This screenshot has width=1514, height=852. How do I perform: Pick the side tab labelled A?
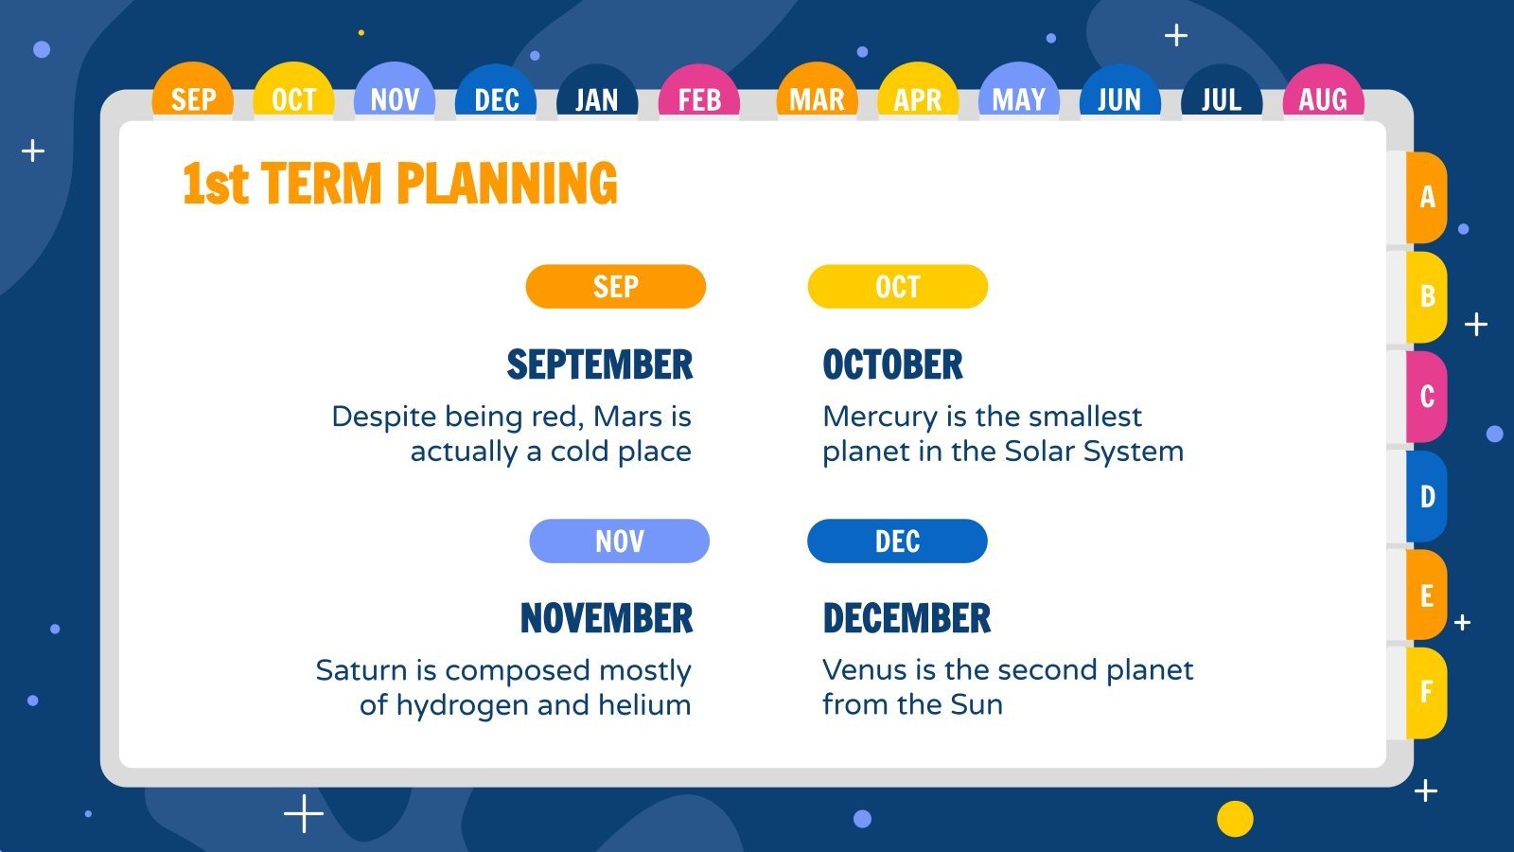[1426, 197]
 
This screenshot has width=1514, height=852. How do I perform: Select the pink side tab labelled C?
[1426, 396]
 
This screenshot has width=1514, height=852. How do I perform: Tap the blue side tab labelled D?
[1426, 496]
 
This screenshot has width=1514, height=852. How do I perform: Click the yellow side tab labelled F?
[1426, 692]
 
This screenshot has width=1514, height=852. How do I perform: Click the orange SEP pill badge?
[615, 286]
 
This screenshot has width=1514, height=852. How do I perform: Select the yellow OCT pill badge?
[897, 286]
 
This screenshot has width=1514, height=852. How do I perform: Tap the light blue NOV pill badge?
[619, 541]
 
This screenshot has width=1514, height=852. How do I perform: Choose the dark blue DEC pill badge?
[897, 541]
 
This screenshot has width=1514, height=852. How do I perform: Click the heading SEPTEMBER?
[599, 364]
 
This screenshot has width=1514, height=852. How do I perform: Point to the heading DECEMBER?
[906, 618]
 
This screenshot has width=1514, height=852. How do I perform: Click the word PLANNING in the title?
[506, 184]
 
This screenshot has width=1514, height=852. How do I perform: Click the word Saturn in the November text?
[362, 670]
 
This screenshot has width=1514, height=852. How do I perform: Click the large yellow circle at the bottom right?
[1234, 818]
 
